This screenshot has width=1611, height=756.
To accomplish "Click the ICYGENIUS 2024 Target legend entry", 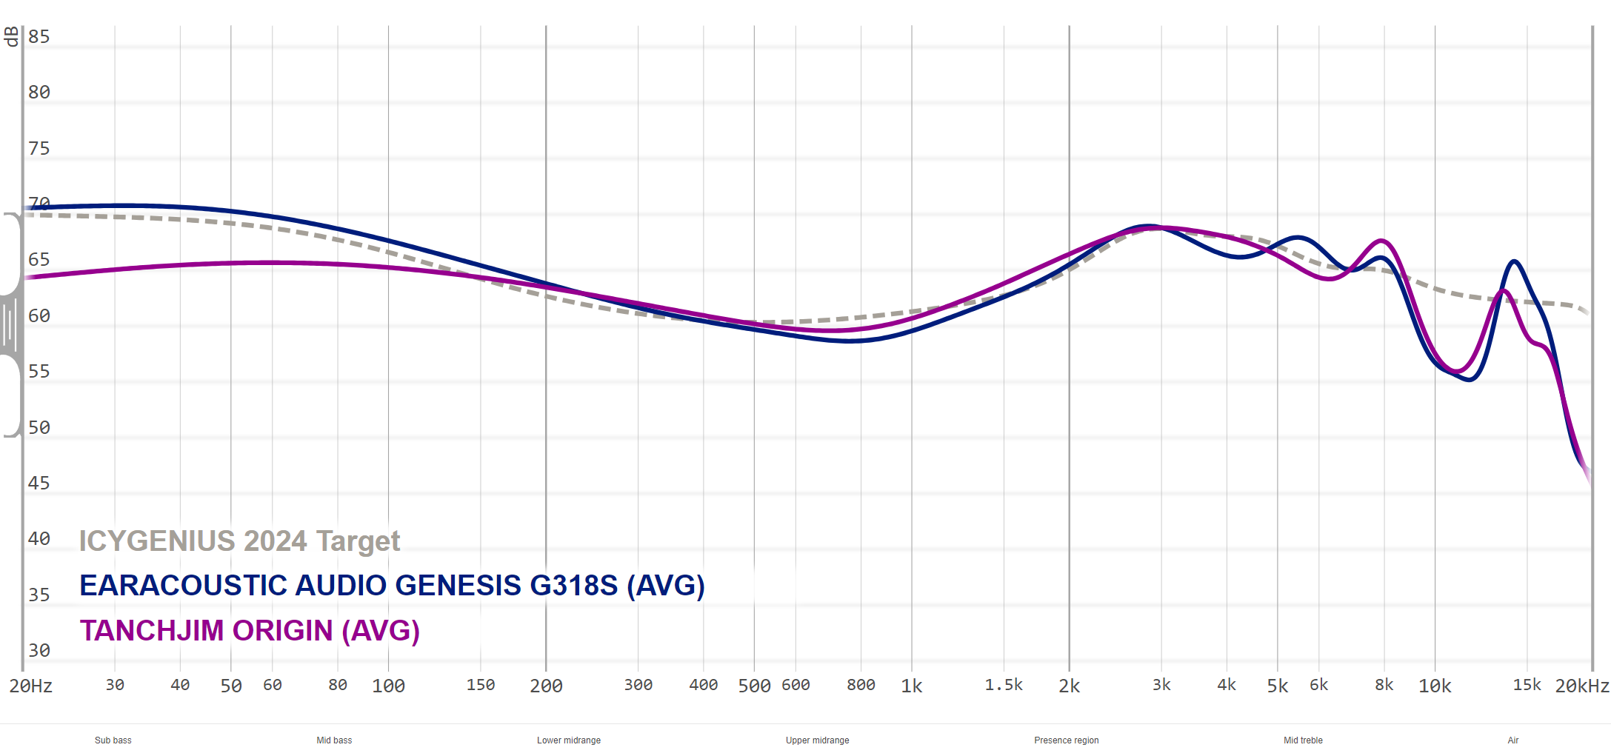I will (x=239, y=541).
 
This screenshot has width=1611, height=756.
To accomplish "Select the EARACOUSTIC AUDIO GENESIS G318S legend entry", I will (x=392, y=586).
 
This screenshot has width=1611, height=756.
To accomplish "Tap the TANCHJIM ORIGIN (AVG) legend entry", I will (x=250, y=631).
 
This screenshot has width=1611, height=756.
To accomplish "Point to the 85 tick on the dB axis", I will (x=39, y=37).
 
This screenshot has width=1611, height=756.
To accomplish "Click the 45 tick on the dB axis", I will (x=39, y=484).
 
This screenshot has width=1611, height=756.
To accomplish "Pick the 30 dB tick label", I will (x=39, y=651).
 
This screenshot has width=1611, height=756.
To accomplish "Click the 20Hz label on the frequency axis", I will (x=31, y=686).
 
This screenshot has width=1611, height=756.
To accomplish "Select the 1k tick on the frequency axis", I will (x=912, y=686).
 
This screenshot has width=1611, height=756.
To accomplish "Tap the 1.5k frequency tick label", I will (x=1004, y=685).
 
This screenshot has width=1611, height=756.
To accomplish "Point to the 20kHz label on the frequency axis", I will (x=1581, y=686).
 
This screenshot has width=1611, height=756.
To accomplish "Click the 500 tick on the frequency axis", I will (x=754, y=686).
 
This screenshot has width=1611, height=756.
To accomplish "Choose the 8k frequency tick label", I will (x=1384, y=685).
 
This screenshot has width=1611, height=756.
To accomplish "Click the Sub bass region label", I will (x=113, y=740).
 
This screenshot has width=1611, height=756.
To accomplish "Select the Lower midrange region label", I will (x=569, y=740).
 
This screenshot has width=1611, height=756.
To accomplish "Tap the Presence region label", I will (x=1067, y=740).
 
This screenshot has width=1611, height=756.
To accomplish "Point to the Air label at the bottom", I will (x=1513, y=740).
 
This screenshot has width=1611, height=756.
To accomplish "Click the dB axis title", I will (x=11, y=36).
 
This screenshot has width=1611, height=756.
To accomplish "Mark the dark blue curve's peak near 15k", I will (x=1515, y=261).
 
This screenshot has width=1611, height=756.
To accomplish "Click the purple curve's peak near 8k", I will (x=1382, y=241).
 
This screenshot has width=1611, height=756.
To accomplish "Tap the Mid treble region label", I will (x=1303, y=740).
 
